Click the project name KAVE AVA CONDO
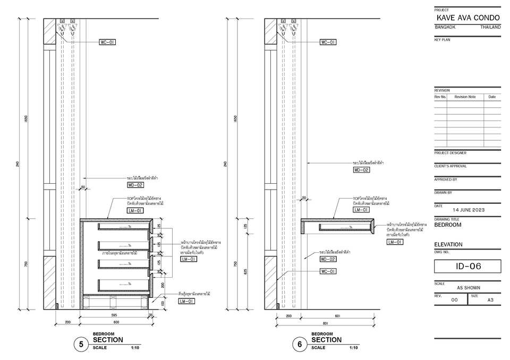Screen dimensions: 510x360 coord(467,18)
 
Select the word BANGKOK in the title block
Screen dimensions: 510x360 coord(444,27)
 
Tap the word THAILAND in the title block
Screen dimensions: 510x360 coord(490,27)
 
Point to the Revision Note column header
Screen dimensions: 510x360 coord(465,97)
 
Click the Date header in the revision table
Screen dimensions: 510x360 coord(492,97)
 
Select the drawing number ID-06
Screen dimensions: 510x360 coord(467,266)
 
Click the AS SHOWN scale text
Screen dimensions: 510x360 coord(468,288)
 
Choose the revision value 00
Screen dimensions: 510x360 coord(454,300)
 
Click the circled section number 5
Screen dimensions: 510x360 coord(81,345)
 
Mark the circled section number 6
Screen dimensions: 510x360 coord(300,345)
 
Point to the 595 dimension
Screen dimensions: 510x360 coord(114,315)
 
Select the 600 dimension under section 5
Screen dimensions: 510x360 coord(116,322)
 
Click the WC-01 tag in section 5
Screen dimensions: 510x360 coord(107,41)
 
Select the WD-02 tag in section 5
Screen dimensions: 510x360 coord(135,185)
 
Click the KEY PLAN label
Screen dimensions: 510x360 coord(442,40)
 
